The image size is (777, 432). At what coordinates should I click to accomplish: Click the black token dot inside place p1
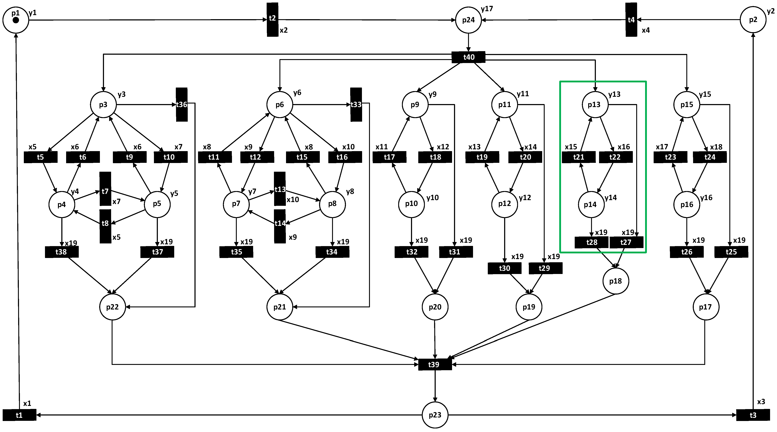[x=16, y=20]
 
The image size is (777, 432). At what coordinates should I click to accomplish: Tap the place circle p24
[x=468, y=20]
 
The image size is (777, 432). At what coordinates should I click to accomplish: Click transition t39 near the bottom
[x=435, y=365]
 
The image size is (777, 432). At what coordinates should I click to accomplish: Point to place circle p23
[x=435, y=415]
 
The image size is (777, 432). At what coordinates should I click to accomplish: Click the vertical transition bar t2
[x=272, y=20]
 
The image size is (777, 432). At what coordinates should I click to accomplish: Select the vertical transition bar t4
[x=631, y=20]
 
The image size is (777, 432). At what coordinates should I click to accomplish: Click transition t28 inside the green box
[x=591, y=242]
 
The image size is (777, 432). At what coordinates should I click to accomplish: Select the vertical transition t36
[x=181, y=105]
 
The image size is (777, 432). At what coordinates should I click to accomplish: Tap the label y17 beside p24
[x=487, y=9]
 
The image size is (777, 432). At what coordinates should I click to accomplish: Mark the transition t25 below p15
[x=731, y=252]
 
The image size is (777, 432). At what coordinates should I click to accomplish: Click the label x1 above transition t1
[x=27, y=403]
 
